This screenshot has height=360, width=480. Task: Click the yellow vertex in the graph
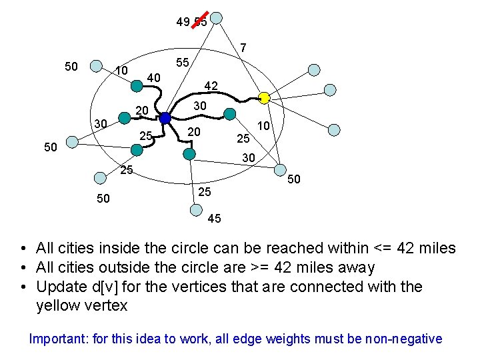(x=264, y=98)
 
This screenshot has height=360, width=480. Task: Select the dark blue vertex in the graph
(x=165, y=118)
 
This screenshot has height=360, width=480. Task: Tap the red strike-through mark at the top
(x=201, y=20)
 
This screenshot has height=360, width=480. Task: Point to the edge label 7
(x=244, y=48)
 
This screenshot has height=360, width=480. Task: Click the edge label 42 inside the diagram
(x=211, y=86)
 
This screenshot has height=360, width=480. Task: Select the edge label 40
(x=154, y=78)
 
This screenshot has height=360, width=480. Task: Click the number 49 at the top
(x=183, y=22)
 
